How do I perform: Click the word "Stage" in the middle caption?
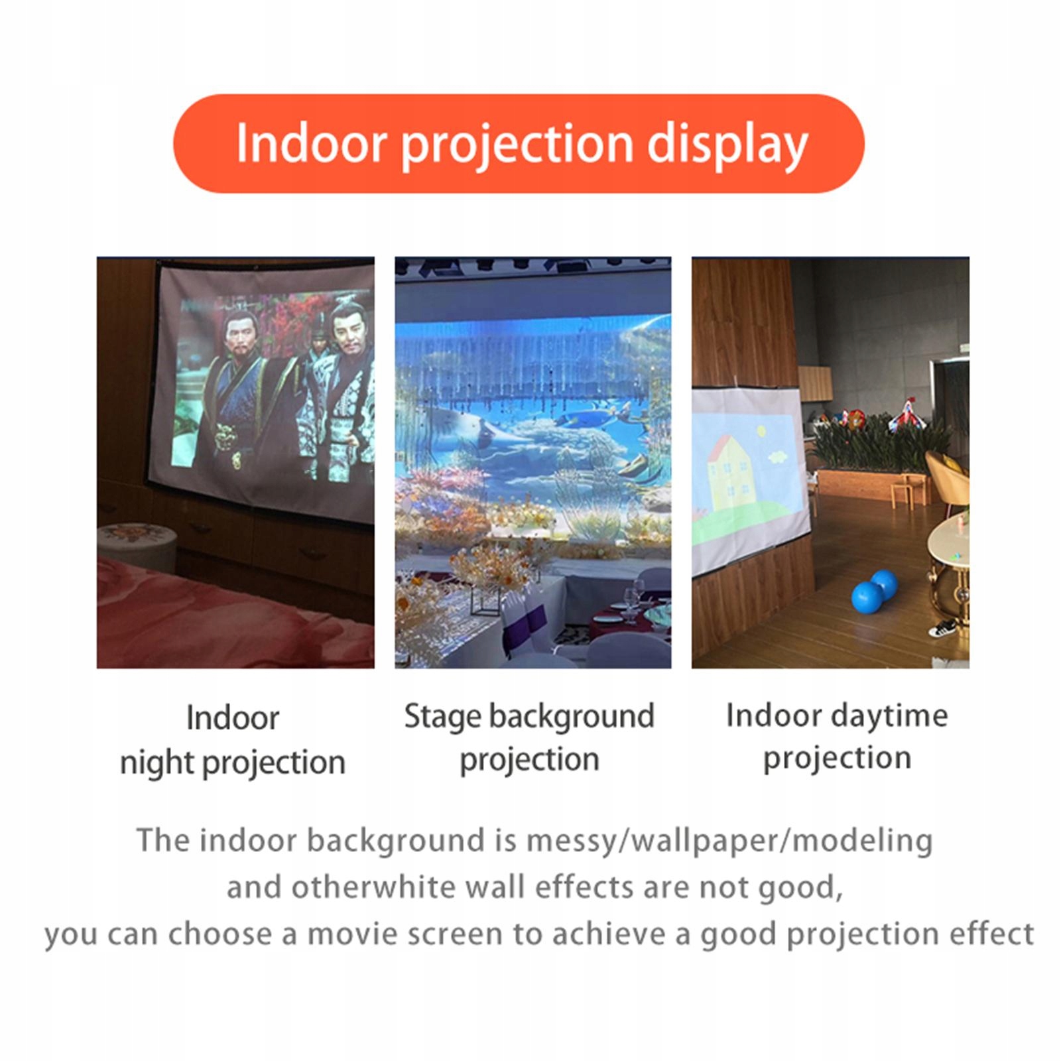(x=442, y=717)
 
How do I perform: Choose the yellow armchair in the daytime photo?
(x=948, y=477)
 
